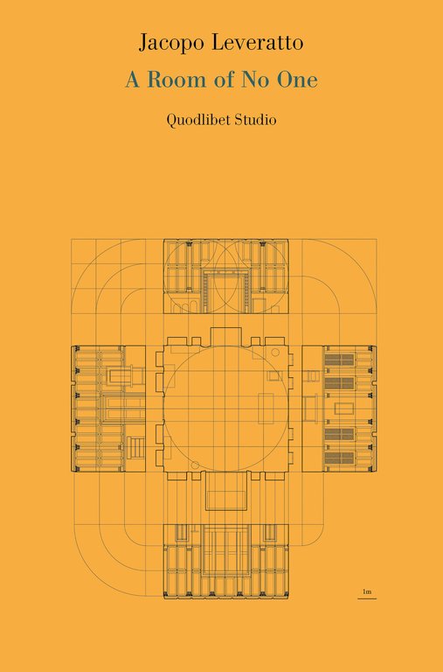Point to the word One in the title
tap(297, 80)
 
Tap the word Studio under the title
tap(255, 120)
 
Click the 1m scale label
tap(367, 591)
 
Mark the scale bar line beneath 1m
tap(367, 598)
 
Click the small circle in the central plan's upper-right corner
tap(275, 353)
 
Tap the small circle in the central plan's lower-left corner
tap(195, 465)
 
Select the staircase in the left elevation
tap(135, 446)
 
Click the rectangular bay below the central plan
tap(226, 491)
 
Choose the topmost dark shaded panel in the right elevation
tap(339, 360)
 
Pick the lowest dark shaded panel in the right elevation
tap(339, 458)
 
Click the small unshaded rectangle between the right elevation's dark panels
tap(343, 409)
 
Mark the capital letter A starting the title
tap(132, 80)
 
